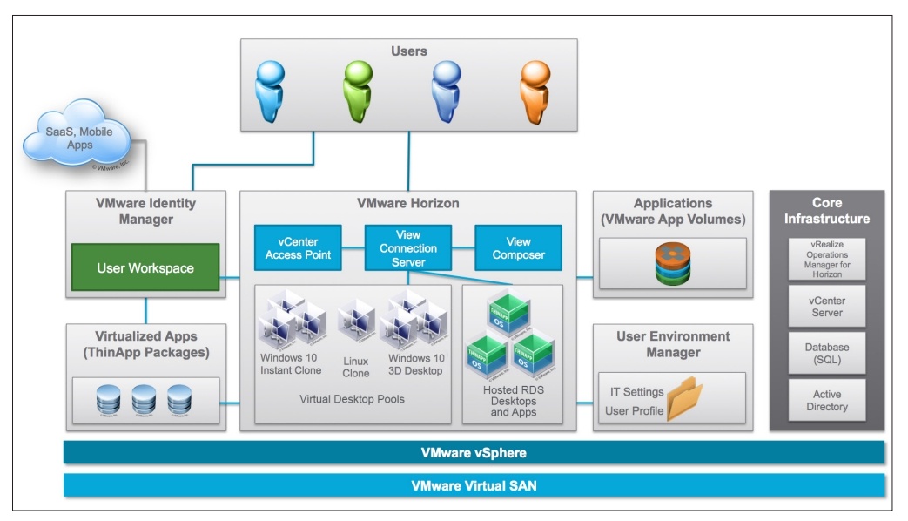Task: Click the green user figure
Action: pyautogui.click(x=356, y=93)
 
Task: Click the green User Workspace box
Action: pyautogui.click(x=145, y=268)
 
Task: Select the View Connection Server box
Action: pyautogui.click(x=407, y=248)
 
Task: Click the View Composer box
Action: pyautogui.click(x=518, y=248)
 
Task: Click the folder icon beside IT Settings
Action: pyautogui.click(x=689, y=400)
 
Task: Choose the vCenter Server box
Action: pyautogui.click(x=827, y=307)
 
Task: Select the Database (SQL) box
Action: pyautogui.click(x=827, y=354)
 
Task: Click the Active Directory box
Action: pyautogui.click(x=827, y=401)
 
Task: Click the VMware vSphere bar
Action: pyautogui.click(x=474, y=453)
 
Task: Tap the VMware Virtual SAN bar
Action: pyautogui.click(x=474, y=485)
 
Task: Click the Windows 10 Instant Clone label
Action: pyautogui.click(x=291, y=365)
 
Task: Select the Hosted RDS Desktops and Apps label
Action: pyautogui.click(x=513, y=401)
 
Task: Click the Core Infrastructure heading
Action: pyautogui.click(x=826, y=210)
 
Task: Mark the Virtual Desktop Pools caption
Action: pyautogui.click(x=352, y=400)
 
